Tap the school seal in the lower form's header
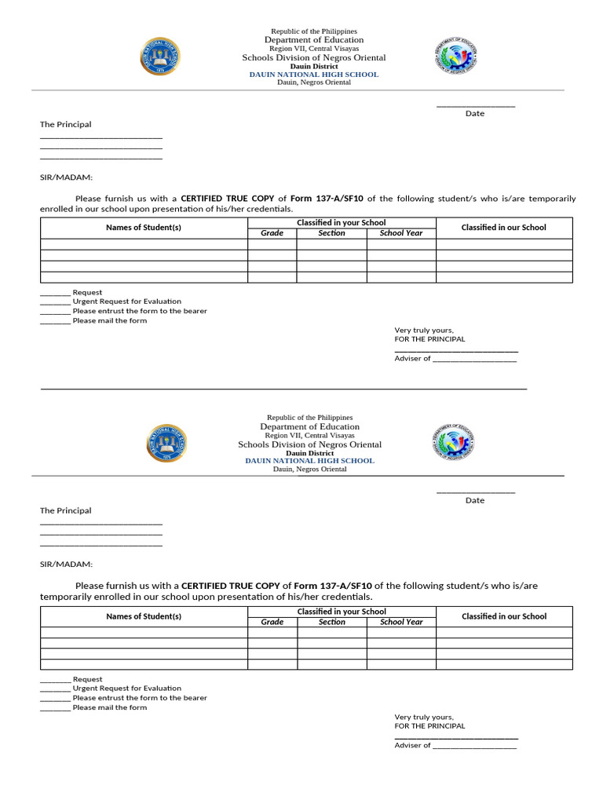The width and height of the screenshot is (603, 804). [166, 444]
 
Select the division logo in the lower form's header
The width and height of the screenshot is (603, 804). [453, 443]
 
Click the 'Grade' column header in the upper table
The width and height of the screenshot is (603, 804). [272, 233]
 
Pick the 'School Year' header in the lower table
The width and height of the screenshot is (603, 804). [401, 622]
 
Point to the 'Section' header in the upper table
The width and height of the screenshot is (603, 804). [331, 233]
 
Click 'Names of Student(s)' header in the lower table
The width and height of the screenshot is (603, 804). [144, 616]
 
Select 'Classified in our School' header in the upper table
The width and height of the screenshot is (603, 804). [503, 228]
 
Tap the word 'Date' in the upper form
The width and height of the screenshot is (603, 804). [475, 114]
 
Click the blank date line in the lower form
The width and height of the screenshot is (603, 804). [475, 492]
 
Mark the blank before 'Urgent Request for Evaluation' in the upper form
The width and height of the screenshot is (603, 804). [55, 302]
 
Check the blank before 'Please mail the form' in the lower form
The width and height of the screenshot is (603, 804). [55, 708]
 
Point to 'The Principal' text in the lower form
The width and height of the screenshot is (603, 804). [66, 510]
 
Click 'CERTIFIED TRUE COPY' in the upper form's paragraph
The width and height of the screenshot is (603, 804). [228, 199]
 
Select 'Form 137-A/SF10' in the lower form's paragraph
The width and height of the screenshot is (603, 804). [333, 586]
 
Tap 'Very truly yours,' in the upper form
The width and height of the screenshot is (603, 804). [424, 331]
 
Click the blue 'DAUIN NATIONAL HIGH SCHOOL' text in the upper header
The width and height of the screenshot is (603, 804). [313, 75]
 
